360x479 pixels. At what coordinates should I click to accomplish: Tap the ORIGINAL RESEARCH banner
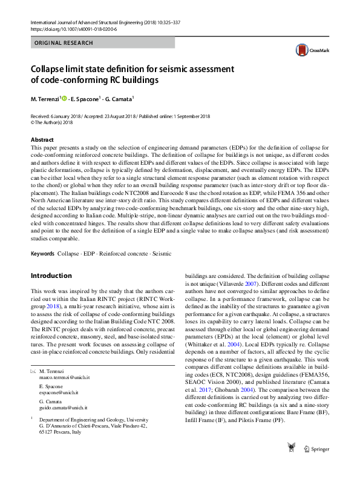coord(64,43)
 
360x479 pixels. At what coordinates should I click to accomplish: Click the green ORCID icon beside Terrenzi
coord(65,99)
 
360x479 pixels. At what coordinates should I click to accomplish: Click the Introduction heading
coord(51,276)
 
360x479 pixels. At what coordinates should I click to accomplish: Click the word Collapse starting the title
coord(51,69)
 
